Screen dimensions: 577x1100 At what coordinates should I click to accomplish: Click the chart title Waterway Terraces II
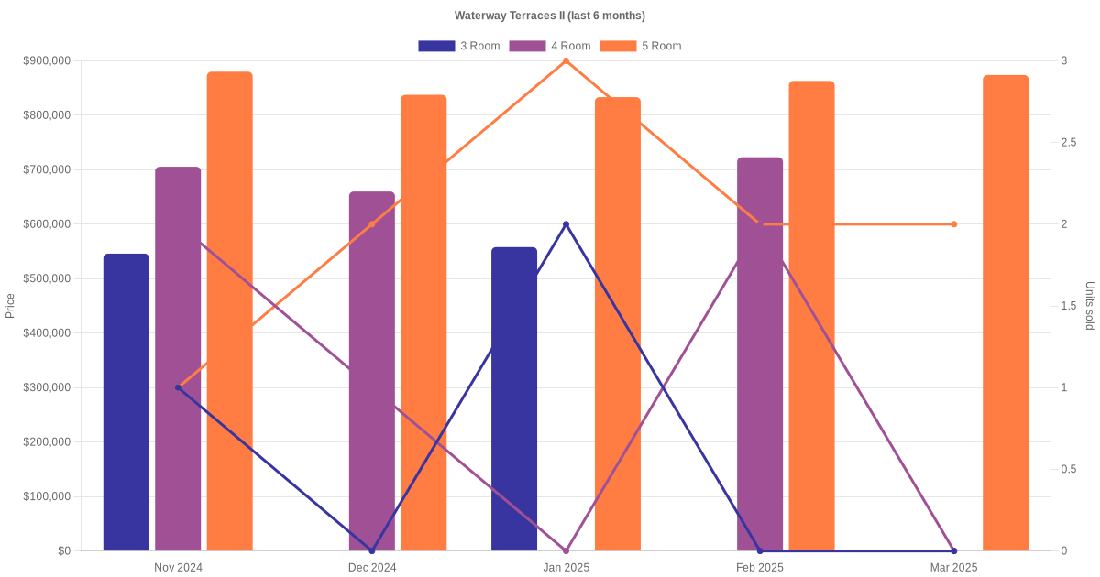point(549,16)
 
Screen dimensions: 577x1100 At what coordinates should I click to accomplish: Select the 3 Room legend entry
point(458,46)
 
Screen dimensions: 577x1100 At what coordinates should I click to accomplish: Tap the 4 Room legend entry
point(549,46)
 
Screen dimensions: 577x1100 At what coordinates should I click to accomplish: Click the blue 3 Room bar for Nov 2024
point(126,402)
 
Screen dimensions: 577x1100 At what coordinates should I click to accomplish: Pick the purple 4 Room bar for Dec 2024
point(372,371)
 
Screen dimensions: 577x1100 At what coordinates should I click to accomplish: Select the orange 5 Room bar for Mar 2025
point(1006,312)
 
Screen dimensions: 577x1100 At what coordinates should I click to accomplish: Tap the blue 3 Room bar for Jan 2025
point(514,398)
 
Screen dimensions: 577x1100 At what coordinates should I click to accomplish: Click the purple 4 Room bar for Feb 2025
point(760,354)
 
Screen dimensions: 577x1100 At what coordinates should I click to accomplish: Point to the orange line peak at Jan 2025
point(566,61)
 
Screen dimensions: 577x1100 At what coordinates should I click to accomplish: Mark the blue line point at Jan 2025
point(566,224)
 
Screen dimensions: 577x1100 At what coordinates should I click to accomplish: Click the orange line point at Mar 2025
point(953,224)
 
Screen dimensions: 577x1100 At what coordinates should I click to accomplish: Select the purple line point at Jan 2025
point(566,550)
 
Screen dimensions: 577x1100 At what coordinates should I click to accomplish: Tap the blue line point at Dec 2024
point(372,550)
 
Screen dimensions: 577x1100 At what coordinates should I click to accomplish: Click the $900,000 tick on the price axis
point(47,61)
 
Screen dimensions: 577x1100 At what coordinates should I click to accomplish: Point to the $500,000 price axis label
point(47,278)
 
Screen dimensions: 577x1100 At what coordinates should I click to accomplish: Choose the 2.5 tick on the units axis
point(1069,143)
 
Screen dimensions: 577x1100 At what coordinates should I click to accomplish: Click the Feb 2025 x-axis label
point(760,568)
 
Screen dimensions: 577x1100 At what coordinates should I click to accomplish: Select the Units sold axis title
point(1090,306)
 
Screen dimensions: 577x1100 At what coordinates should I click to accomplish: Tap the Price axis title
point(10,306)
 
